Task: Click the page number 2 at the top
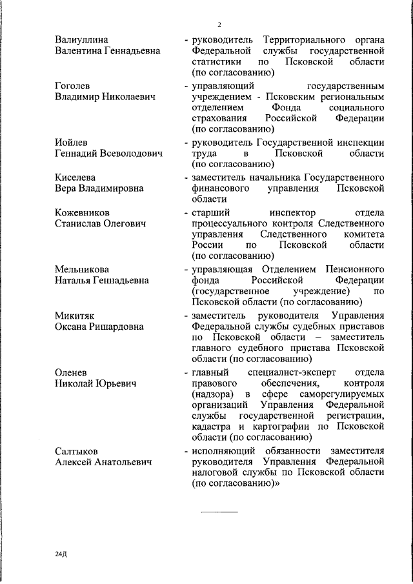tap(219, 25)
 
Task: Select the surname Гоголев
tap(73, 86)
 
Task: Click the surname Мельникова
tap(82, 268)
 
